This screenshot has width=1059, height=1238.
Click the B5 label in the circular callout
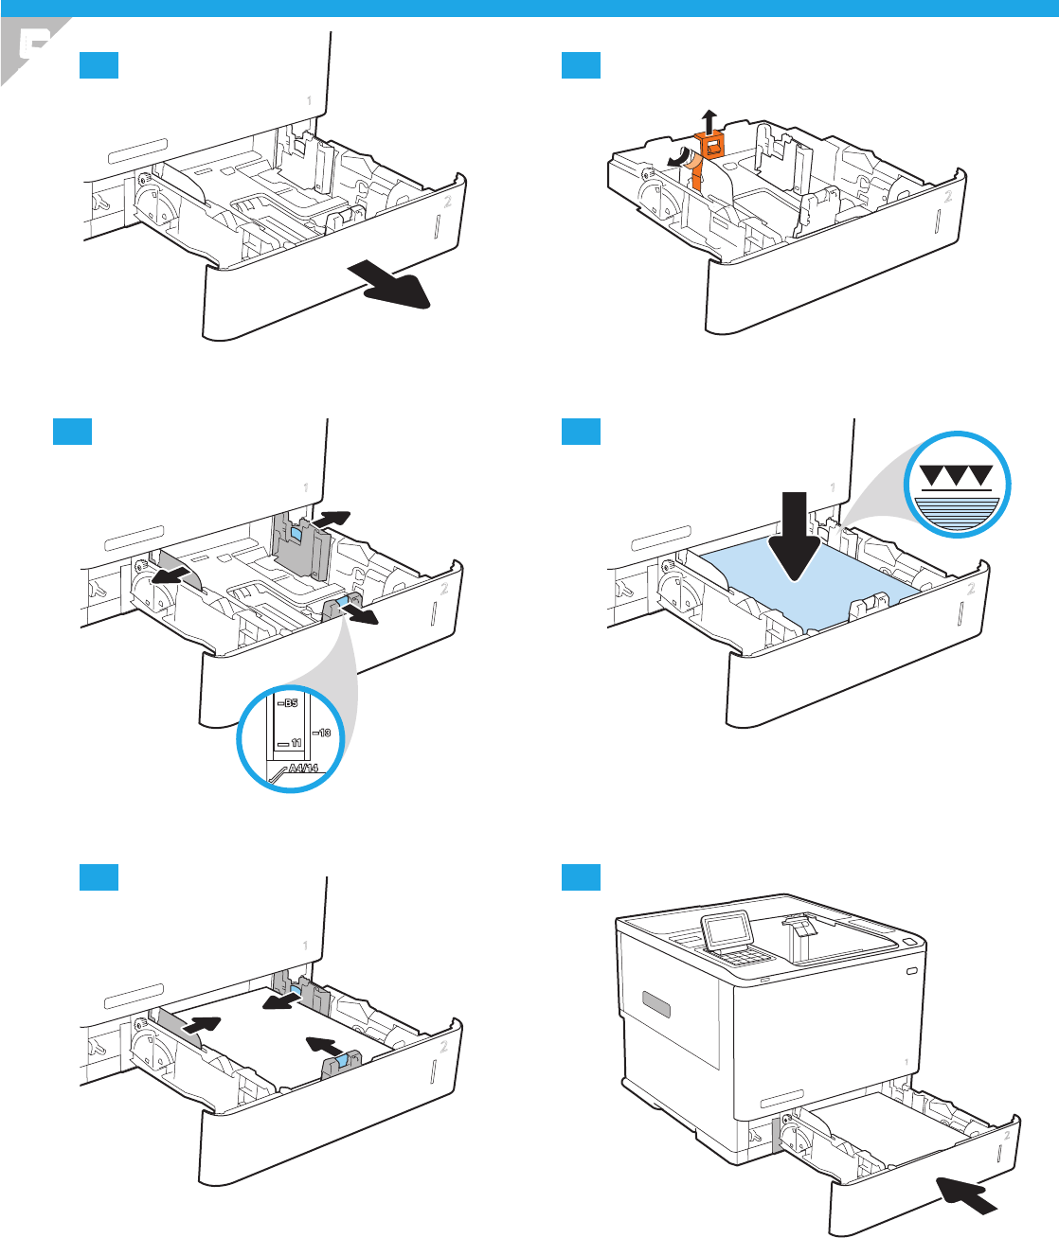click(x=288, y=703)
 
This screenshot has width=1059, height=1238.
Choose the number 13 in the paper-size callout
click(x=322, y=733)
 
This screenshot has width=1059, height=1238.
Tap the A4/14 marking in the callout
click(x=301, y=768)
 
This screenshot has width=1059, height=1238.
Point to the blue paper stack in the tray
click(x=805, y=587)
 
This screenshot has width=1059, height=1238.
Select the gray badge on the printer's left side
click(x=655, y=1004)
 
